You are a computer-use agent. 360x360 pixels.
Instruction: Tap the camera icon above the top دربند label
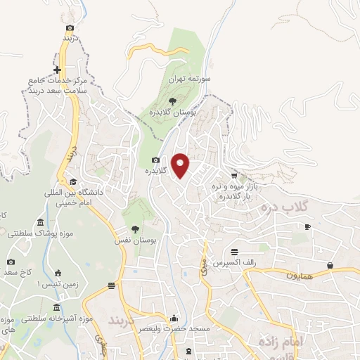click(69, 28)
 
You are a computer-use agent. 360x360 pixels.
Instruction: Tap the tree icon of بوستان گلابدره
click(172, 101)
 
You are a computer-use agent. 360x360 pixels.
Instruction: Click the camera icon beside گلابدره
click(155, 160)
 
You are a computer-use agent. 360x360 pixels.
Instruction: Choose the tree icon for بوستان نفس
click(135, 229)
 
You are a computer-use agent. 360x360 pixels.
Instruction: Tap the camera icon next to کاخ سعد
click(11, 262)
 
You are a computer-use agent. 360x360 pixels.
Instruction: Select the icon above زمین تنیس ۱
click(58, 273)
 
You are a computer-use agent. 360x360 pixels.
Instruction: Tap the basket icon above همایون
click(330, 265)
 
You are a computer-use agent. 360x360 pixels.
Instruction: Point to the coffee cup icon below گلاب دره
click(307, 226)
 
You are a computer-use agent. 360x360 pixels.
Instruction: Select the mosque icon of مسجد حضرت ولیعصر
click(174, 318)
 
